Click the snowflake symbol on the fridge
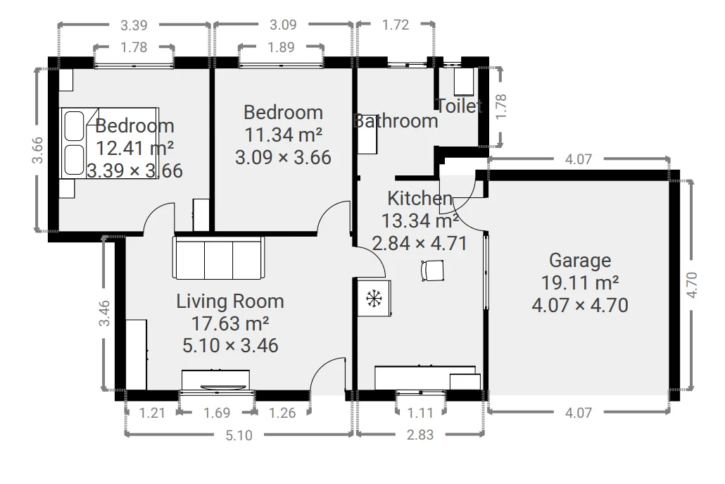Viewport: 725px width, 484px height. tap(374, 299)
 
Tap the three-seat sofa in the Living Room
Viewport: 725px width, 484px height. tap(218, 258)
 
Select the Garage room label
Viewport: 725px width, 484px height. tap(580, 261)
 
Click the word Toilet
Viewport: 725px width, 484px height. tap(459, 106)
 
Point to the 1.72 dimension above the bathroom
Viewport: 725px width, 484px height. tap(396, 25)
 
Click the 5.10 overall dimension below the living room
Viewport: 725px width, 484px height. tap(239, 435)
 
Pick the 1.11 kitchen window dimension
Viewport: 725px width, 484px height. tap(420, 412)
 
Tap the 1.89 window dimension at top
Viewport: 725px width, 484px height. tap(281, 47)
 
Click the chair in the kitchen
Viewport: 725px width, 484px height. tap(433, 271)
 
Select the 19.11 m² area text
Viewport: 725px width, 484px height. tap(580, 283)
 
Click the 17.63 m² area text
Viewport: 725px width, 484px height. tap(229, 323)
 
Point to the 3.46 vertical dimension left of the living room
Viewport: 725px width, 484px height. tap(104, 314)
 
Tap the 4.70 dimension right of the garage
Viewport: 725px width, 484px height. tap(691, 285)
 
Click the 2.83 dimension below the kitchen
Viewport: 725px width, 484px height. tap(420, 435)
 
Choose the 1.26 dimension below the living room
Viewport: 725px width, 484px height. tap(282, 412)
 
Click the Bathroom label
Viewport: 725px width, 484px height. tap(396, 121)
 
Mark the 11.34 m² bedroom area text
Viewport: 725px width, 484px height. tap(283, 135)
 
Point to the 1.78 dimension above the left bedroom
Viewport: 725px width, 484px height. tap(134, 47)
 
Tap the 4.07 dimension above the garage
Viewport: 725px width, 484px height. tap(578, 159)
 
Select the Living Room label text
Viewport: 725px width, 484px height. tap(229, 302)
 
